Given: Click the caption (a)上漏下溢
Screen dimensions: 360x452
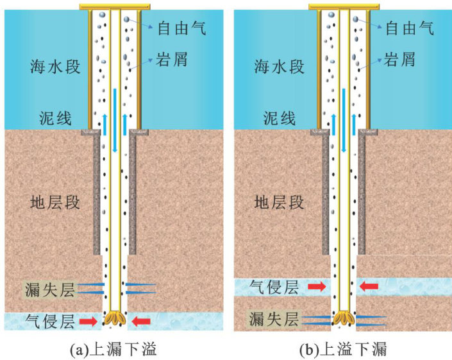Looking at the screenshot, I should coord(113,349).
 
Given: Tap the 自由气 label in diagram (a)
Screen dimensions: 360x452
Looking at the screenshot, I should coord(179,28).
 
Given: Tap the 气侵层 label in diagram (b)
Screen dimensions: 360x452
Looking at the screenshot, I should coord(274,287).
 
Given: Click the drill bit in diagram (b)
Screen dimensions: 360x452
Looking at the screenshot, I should coord(345,318).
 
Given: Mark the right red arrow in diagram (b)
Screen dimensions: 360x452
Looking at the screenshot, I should coord(370,287).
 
